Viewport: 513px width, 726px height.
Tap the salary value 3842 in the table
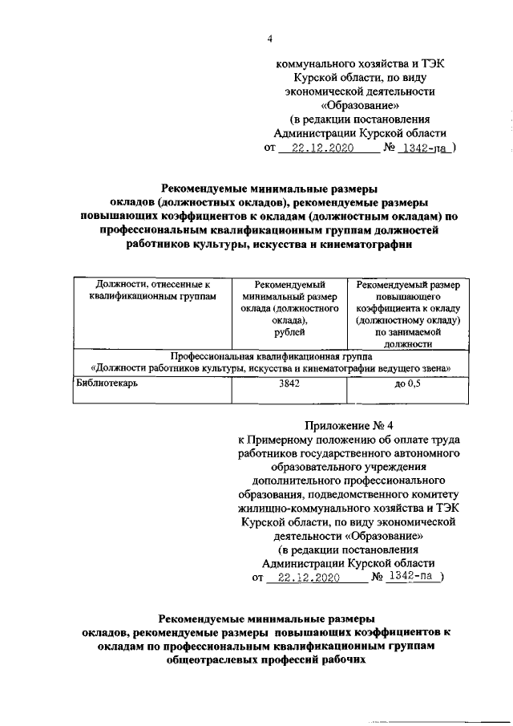289,384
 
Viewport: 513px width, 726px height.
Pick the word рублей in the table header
288,333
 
